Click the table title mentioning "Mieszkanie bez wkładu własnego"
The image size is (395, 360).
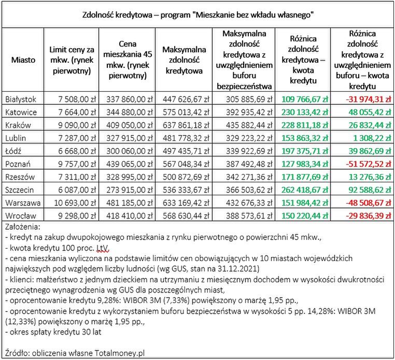(x=198, y=14)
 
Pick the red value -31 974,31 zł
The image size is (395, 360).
(x=366, y=98)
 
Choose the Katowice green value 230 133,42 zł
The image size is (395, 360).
(x=305, y=111)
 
